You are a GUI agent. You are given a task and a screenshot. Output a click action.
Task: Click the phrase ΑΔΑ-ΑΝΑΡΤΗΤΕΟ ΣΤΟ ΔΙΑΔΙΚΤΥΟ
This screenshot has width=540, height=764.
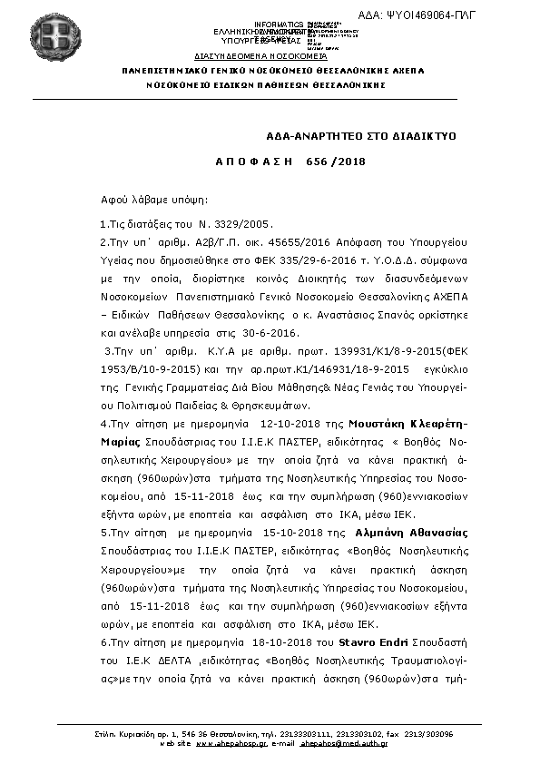(x=360, y=134)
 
